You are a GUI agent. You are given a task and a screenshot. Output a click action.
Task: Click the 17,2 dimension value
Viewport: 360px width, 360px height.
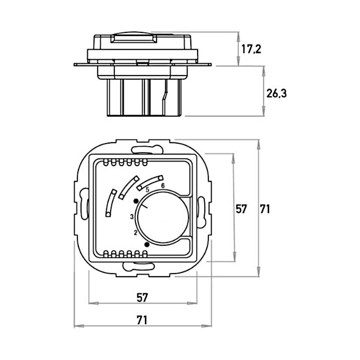[251, 49]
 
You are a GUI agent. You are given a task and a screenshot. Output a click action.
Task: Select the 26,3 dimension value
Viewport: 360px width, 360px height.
[277, 93]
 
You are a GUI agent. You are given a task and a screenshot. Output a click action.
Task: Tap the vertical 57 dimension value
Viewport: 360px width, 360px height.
[242, 208]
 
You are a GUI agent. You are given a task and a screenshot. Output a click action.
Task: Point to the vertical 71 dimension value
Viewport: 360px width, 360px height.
[265, 208]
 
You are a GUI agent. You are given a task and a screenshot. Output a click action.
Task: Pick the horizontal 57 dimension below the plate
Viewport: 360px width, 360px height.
[142, 297]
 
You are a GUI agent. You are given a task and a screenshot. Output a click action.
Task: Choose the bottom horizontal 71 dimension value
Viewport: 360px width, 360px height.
[142, 320]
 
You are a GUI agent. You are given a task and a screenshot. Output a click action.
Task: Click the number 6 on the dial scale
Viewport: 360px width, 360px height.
[162, 185]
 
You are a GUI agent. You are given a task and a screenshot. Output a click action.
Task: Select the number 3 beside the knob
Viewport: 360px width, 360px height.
[131, 216]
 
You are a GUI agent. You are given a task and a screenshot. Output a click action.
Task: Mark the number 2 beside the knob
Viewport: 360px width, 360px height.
[135, 232]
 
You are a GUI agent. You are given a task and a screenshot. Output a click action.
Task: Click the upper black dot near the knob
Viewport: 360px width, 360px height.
[136, 200]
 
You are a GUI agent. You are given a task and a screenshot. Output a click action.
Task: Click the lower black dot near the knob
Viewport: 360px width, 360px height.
[147, 244]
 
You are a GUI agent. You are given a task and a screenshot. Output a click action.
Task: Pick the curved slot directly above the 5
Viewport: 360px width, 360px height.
[150, 181]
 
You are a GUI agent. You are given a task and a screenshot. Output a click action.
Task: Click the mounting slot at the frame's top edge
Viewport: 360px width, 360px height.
[143, 147]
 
